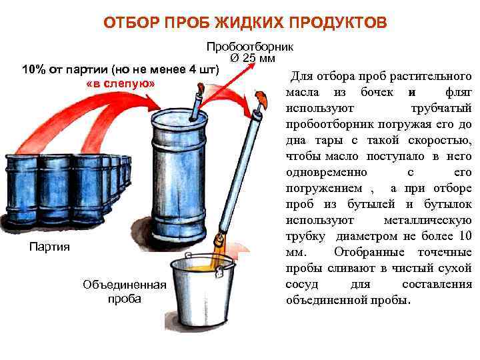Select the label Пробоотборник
tap(250, 47)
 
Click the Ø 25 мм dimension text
tap(253, 58)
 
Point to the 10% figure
tap(34, 69)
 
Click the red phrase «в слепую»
tap(120, 83)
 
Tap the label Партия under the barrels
tap(49, 247)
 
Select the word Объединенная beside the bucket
tap(125, 285)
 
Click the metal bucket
tap(202, 291)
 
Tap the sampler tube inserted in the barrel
tap(197, 104)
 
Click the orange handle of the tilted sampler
tap(261, 98)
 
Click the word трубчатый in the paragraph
tap(441, 109)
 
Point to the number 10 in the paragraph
tap(465, 236)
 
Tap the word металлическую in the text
tap(427, 220)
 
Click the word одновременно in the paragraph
tap(326, 172)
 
